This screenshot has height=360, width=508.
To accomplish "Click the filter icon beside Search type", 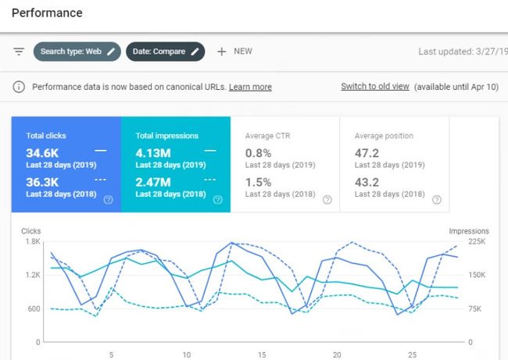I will [19, 52].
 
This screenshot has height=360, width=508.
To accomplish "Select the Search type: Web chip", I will [77, 52].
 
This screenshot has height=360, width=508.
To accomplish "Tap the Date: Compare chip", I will [165, 52].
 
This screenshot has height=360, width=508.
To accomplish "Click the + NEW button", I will [234, 52].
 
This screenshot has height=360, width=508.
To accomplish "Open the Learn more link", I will [250, 87].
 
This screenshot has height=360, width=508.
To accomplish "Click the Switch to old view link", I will [374, 87].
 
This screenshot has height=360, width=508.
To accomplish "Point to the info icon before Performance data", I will [19, 87].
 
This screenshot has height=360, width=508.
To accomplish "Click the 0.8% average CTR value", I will [259, 152].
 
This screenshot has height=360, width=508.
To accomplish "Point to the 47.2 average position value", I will [367, 152].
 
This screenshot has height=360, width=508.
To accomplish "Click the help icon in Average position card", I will [436, 200].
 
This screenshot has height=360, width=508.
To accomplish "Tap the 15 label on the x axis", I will [262, 354].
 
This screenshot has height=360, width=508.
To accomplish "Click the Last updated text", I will [461, 52].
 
